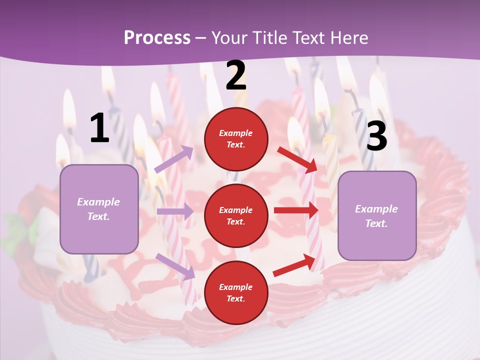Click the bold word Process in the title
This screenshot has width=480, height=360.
pyautogui.click(x=157, y=37)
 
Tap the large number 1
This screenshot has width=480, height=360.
pyautogui.click(x=99, y=128)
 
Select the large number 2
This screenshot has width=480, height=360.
pyautogui.click(x=236, y=76)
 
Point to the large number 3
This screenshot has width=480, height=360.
pyautogui.click(x=376, y=136)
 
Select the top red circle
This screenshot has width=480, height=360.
pyautogui.click(x=236, y=139)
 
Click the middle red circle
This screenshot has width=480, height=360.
pyautogui.click(x=236, y=215)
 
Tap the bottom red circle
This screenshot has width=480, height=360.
pyautogui.click(x=236, y=292)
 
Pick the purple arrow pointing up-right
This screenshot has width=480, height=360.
pyautogui.click(x=174, y=159)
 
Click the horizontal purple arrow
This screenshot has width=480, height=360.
pyautogui.click(x=175, y=211)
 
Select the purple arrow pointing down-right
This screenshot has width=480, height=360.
pyautogui.click(x=175, y=266)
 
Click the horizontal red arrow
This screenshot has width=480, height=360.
pyautogui.click(x=296, y=210)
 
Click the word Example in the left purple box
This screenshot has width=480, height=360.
pyautogui.click(x=98, y=202)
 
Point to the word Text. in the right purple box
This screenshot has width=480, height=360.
pyautogui.click(x=376, y=223)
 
